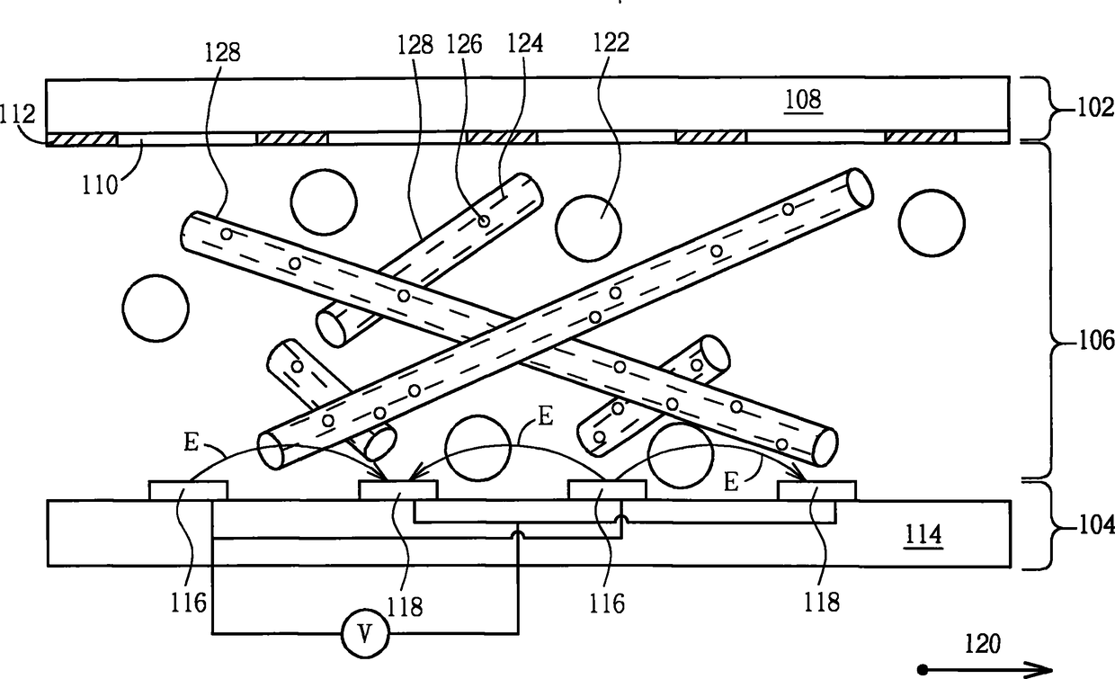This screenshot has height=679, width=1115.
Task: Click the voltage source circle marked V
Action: coord(365,634)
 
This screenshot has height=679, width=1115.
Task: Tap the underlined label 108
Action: coord(803,100)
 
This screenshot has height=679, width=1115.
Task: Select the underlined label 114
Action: coord(923,536)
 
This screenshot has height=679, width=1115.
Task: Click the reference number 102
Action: coord(1095,108)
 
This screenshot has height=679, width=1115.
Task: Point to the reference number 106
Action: coord(1096,342)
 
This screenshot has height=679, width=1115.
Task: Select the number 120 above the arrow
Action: coord(983,644)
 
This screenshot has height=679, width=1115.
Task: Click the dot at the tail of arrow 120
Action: coord(923,669)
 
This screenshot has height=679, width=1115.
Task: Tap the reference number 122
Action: coord(611,42)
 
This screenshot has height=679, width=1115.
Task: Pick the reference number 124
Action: coord(524,43)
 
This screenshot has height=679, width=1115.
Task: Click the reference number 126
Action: coord(464,44)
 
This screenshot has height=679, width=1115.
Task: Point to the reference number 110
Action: coord(100,185)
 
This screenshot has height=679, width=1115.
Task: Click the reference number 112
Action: coord(17,114)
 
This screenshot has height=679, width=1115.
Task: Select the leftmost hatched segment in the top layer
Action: coord(82,138)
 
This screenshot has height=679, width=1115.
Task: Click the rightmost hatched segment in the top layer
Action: coord(921,137)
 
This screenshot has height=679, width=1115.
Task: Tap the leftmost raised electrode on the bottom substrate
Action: coord(189,490)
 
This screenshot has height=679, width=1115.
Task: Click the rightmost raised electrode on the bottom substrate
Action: coord(816,490)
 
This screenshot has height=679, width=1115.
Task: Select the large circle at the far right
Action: coord(932,223)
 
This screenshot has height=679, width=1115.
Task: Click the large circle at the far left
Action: coord(156,308)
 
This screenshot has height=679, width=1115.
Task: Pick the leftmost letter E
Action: coord(192,442)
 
